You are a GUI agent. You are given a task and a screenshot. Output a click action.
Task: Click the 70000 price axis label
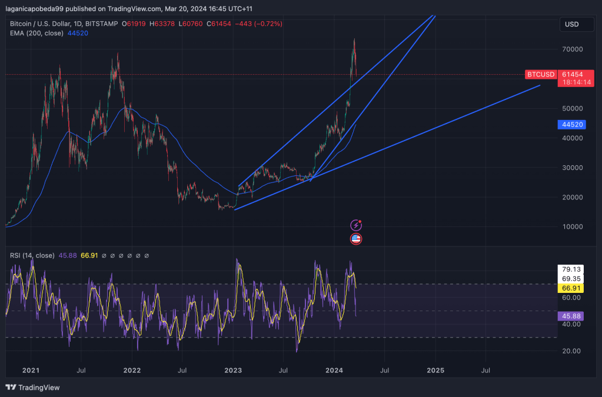pos(572,49)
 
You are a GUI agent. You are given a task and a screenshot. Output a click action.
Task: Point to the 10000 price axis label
pos(572,227)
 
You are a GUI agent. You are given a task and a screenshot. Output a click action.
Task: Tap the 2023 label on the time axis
pos(233,371)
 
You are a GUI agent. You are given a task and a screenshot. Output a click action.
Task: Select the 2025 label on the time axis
pos(435,371)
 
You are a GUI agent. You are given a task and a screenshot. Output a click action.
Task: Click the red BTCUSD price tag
pos(540,75)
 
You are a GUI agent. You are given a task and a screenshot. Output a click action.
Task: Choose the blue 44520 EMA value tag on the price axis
pos(572,125)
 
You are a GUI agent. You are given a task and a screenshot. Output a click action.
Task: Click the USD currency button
pos(571,24)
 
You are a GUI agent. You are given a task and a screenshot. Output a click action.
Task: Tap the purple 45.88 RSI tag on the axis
pos(571,316)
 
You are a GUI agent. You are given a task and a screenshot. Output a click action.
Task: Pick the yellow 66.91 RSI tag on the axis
pos(571,288)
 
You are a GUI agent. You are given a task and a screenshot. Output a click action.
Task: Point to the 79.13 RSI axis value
pos(571,269)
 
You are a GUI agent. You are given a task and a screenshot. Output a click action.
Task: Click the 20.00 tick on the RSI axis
pos(571,351)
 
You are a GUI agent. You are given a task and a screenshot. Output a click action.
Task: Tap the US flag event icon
pos(356,239)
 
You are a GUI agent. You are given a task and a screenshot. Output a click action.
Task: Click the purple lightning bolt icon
pos(356,225)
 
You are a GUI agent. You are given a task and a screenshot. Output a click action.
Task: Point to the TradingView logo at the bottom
pos(33,388)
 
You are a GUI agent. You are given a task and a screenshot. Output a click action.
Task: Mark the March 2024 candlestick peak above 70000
pos(354,40)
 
